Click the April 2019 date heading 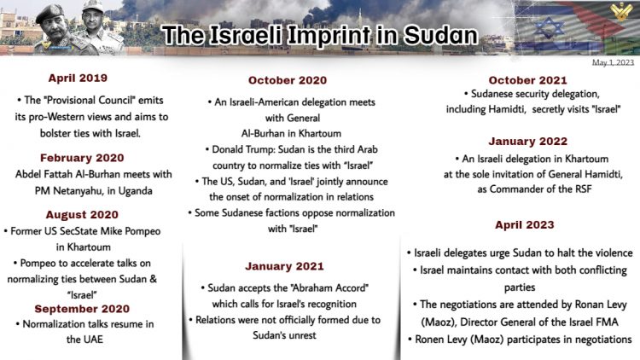[x=78, y=78]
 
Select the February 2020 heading [x=82, y=158]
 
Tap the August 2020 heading [x=82, y=215]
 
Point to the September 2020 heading [x=82, y=309]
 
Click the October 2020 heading [x=288, y=80]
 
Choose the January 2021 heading [x=284, y=266]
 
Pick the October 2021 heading [x=527, y=80]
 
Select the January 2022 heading [x=527, y=142]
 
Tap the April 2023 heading [x=525, y=225]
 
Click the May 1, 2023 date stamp [x=613, y=62]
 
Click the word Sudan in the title [x=440, y=36]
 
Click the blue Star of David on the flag [x=550, y=27]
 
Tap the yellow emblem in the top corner [x=621, y=11]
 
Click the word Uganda [x=135, y=191]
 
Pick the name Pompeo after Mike [x=142, y=231]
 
